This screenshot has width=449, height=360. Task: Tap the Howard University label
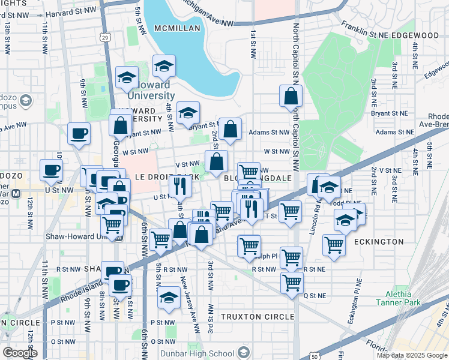click(150, 95)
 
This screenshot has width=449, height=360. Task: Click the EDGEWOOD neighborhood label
click(417, 35)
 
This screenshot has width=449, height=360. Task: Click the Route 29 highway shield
click(106, 38)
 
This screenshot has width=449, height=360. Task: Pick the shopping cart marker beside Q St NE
click(292, 282)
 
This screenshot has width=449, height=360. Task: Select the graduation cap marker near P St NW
click(169, 298)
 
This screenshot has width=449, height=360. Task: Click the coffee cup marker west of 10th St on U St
click(50, 170)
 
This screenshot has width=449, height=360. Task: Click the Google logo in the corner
click(20, 353)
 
